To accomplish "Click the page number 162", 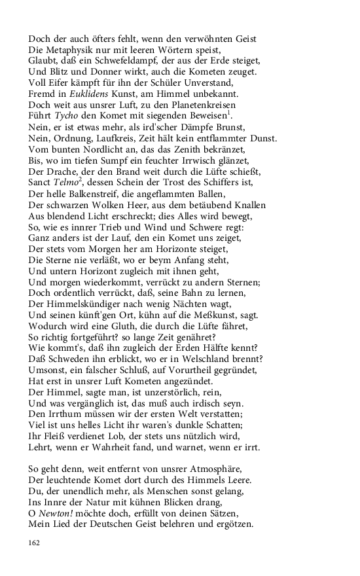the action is [x=35, y=543].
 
